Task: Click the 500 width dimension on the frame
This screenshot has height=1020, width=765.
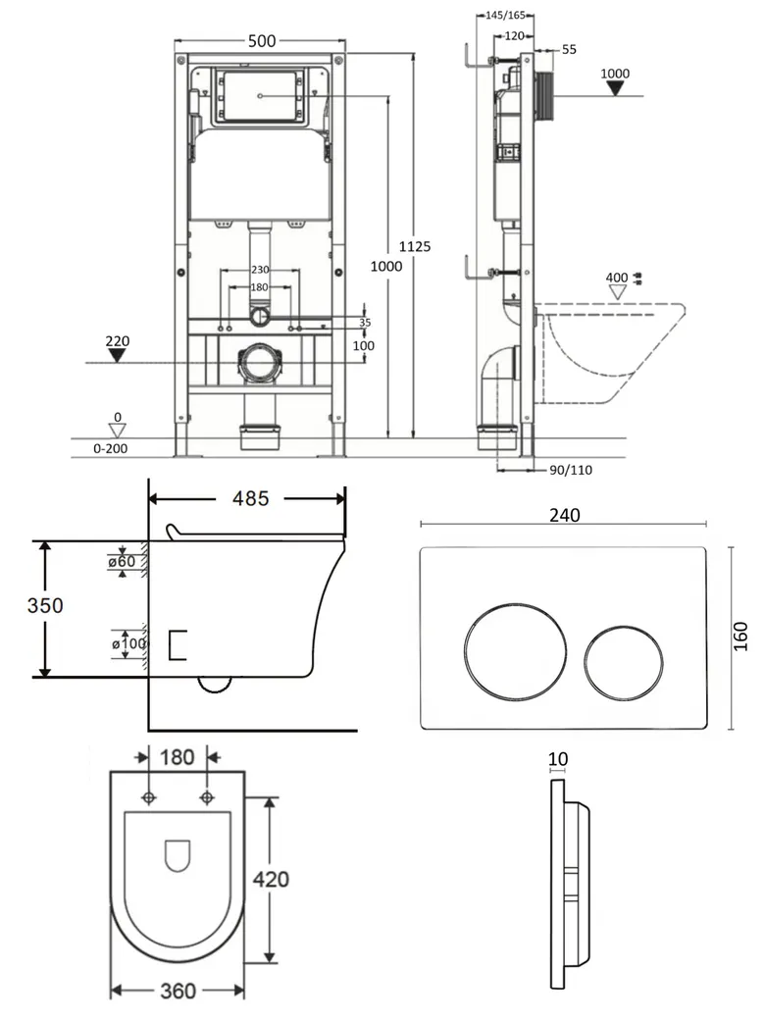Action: pos(262,41)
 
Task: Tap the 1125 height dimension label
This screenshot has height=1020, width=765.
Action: pos(414,246)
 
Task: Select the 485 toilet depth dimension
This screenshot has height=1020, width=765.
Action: pos(250,498)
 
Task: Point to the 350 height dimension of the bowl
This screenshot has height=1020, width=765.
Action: pos(45,605)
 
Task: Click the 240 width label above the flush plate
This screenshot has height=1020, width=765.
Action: pos(564,515)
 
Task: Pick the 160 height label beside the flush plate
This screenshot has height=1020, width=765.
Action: pos(740,637)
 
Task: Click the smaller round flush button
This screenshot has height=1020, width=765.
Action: pos(623,662)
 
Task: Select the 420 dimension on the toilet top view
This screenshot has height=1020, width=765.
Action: pos(271,879)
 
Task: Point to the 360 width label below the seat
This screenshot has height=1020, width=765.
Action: pos(178,991)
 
